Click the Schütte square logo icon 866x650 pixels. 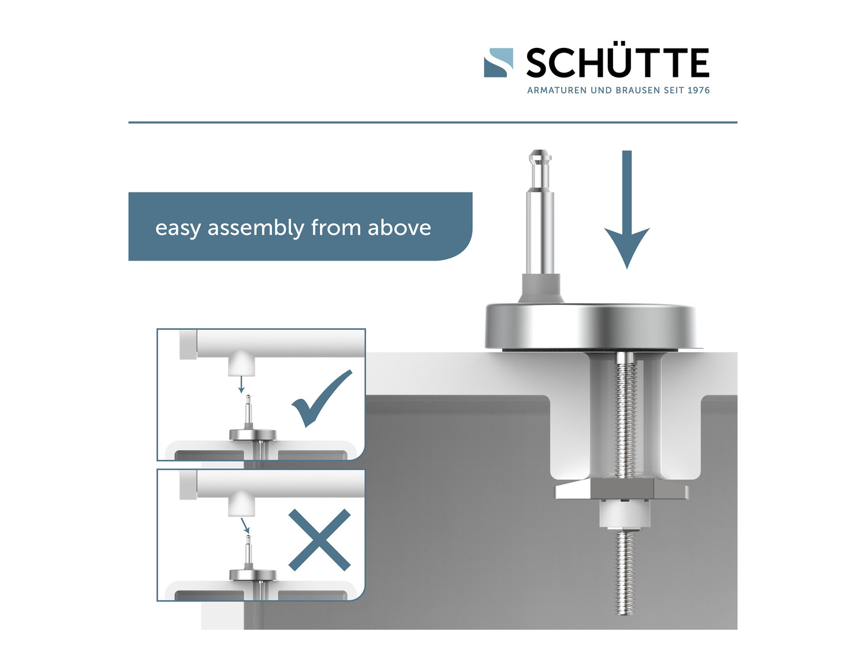[498, 63]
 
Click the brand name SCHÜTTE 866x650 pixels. [617, 63]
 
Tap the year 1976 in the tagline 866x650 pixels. [699, 90]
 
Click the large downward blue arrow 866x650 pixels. [626, 209]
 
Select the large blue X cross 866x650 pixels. [319, 540]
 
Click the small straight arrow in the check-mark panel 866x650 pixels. [241, 384]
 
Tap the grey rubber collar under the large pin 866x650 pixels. [541, 288]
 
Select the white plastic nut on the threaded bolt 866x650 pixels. [624, 514]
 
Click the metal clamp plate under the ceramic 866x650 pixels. [622, 490]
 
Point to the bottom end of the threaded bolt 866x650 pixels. [625, 614]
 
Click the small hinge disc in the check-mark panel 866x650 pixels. [253, 434]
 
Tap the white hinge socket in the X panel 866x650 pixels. [241, 504]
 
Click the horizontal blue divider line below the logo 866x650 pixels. [433, 122]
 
